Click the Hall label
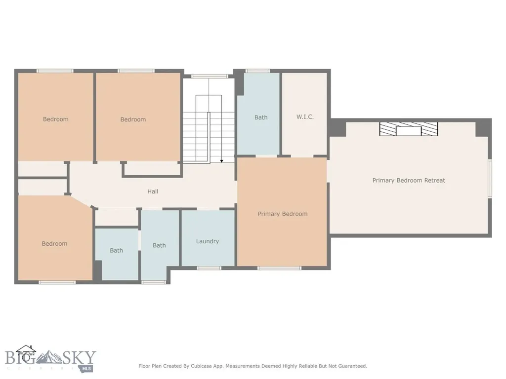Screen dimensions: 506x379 click(x=153, y=191)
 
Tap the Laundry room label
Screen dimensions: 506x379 click(x=208, y=241)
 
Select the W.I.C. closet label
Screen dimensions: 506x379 click(x=305, y=116)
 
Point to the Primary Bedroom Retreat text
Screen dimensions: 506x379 click(x=409, y=181)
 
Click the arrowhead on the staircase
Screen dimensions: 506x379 click(x=222, y=160)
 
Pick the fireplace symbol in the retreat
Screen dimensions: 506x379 click(x=409, y=129)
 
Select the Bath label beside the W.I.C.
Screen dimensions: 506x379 click(x=261, y=117)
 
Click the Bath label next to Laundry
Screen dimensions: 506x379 click(x=159, y=246)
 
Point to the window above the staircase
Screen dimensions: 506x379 click(x=210, y=76)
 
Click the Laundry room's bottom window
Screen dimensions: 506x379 click(x=209, y=268)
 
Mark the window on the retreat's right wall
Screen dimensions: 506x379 click(x=490, y=179)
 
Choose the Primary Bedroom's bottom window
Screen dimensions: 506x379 click(x=280, y=268)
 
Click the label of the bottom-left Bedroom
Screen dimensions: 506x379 click(x=54, y=244)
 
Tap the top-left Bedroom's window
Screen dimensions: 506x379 click(x=55, y=71)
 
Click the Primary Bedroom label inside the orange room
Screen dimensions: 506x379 click(x=282, y=214)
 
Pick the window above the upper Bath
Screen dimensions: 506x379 click(x=257, y=71)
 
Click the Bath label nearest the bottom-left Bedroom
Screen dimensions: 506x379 click(x=116, y=251)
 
